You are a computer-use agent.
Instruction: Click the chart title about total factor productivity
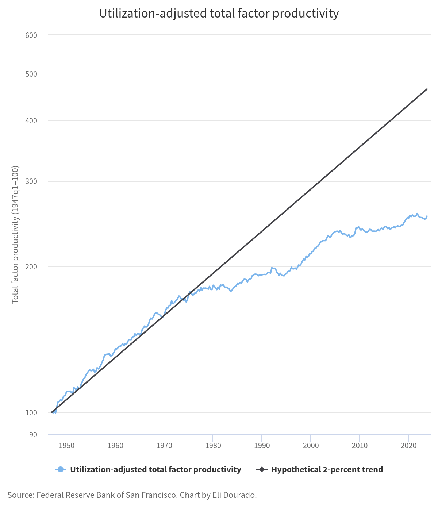pyautogui.click(x=219, y=14)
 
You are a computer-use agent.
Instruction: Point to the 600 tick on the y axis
pyautogui.click(x=31, y=35)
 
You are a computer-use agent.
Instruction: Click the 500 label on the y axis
pyautogui.click(x=31, y=74)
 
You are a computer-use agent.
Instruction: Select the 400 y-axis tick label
pyautogui.click(x=31, y=121)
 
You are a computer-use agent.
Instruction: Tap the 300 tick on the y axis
pyautogui.click(x=31, y=181)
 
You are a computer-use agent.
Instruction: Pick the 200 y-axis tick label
pyautogui.click(x=31, y=267)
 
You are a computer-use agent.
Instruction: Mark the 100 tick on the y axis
pyautogui.click(x=31, y=413)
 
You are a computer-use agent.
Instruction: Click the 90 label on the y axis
pyautogui.click(x=33, y=435)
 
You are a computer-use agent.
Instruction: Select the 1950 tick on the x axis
pyautogui.click(x=66, y=446)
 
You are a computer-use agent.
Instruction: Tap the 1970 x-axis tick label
pyautogui.click(x=164, y=446)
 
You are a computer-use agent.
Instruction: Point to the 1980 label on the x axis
pyautogui.click(x=213, y=446)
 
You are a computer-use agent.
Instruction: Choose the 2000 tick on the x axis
pyautogui.click(x=311, y=446)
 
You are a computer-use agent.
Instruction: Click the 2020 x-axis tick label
pyautogui.click(x=408, y=446)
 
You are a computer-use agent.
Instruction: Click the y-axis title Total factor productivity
pyautogui.click(x=15, y=234)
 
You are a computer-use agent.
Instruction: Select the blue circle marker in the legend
pyautogui.click(x=61, y=469)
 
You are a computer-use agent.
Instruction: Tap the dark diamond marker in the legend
pyautogui.click(x=262, y=469)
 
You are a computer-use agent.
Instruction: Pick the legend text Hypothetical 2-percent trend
pyautogui.click(x=327, y=469)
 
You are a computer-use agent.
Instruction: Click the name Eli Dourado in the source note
pyautogui.click(x=238, y=495)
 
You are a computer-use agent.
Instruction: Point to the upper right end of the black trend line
pyautogui.click(x=427, y=89)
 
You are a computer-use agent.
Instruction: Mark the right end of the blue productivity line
pyautogui.click(x=427, y=216)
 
